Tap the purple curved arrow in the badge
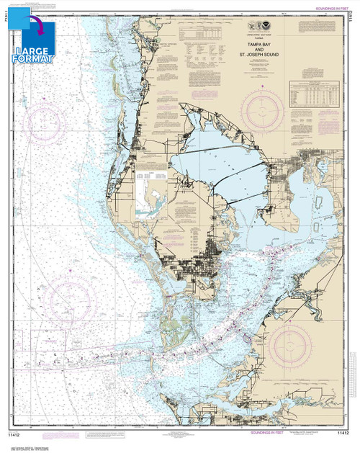pyautogui.click(x=36, y=29)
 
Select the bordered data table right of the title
pyautogui.click(x=313, y=90)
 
